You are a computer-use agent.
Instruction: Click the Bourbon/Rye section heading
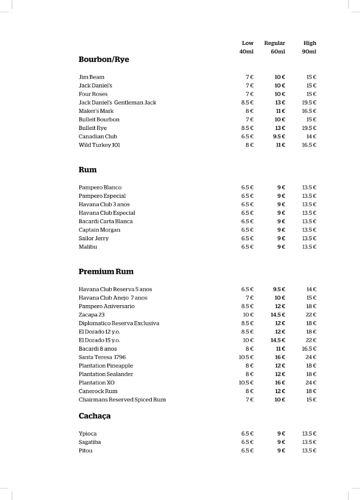103,60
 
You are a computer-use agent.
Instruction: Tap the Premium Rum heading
106,271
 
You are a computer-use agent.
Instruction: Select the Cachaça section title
95,416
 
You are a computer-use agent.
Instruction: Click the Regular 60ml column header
275,47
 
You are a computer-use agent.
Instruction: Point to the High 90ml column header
309,47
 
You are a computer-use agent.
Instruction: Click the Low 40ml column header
247,47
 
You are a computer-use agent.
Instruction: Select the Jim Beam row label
91,77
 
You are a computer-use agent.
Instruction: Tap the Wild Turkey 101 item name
99,145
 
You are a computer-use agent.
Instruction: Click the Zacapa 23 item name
91,315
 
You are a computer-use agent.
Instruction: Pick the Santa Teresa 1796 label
102,357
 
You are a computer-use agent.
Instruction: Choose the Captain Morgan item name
99,230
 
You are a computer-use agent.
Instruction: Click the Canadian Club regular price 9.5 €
279,137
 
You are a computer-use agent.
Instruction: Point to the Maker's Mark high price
309,111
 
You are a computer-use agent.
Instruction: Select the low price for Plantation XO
246,383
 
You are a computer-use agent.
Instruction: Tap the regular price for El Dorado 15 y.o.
278,340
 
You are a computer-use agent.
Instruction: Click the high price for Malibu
309,247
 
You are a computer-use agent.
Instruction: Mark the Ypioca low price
247,434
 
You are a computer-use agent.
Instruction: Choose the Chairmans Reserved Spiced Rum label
122,400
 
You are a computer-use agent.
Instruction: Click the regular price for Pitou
281,451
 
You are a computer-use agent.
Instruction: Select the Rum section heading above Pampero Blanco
88,170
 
